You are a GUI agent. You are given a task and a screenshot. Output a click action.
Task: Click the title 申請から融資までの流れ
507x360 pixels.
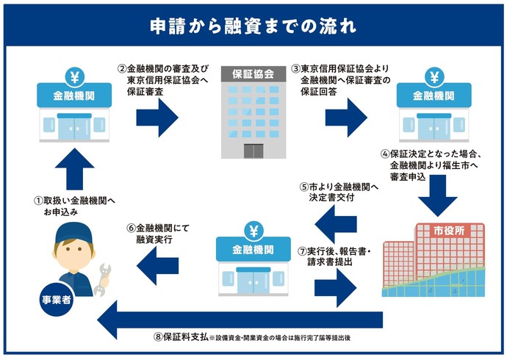click(253, 26)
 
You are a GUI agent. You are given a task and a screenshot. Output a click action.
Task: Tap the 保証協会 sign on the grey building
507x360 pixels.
click(253, 74)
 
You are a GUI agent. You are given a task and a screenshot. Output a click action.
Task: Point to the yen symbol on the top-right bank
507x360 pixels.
click(434, 76)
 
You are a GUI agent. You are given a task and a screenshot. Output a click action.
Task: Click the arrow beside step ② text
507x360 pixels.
click(157, 115)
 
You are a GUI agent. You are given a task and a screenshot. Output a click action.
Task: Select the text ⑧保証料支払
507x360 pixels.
click(179, 338)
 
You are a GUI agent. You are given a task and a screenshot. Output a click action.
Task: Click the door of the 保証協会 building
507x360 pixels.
click(253, 150)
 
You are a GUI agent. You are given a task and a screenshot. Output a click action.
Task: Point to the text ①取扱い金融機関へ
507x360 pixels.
click(75, 201)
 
